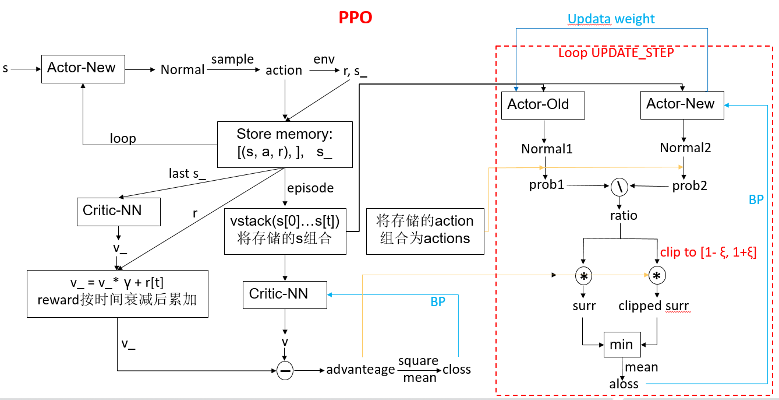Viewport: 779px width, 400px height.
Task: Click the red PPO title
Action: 355,17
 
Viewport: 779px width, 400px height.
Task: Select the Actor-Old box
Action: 543,105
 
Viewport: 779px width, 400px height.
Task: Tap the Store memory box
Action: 285,144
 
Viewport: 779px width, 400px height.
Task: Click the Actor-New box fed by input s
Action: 82,68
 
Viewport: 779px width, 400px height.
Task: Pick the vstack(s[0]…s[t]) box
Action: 285,231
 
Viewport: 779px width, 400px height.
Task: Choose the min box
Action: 621,345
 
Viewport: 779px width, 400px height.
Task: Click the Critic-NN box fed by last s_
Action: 119,211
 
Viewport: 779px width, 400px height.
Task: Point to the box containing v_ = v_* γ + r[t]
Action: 118,293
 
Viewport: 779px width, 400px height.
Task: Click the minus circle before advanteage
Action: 285,370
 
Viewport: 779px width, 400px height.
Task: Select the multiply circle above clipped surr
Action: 657,275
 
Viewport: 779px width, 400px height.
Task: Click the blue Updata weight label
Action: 611,19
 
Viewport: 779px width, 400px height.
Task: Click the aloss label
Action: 624,384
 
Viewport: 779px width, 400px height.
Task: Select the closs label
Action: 457,370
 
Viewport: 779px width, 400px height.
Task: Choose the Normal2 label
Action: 685,148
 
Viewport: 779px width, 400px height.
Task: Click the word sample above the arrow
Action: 232,59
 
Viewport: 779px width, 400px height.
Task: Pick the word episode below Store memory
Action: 311,188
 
